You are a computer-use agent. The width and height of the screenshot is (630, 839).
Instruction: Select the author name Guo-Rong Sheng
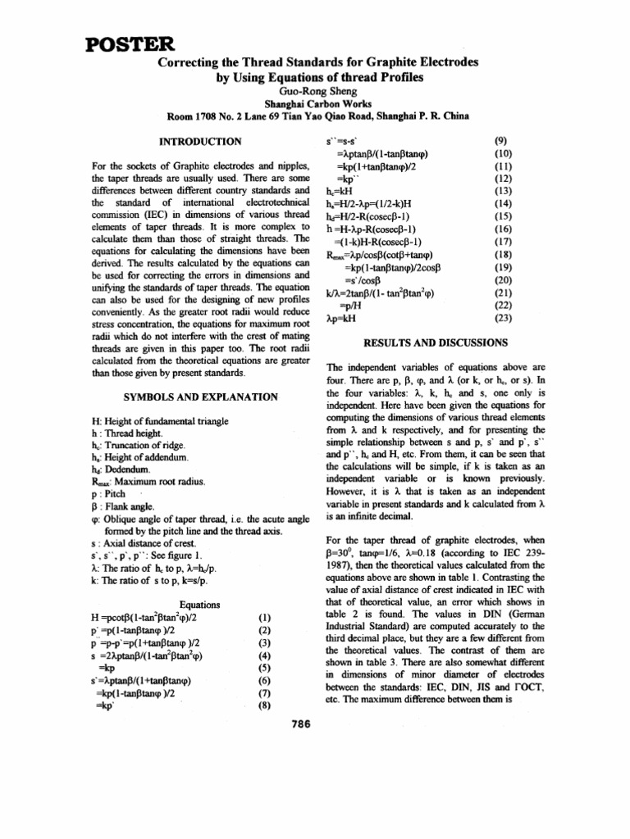pos(315,93)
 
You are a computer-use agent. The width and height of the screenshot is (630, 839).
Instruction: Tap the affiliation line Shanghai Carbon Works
pos(315,104)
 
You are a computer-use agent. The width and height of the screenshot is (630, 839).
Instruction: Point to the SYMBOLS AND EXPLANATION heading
pos(199,396)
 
